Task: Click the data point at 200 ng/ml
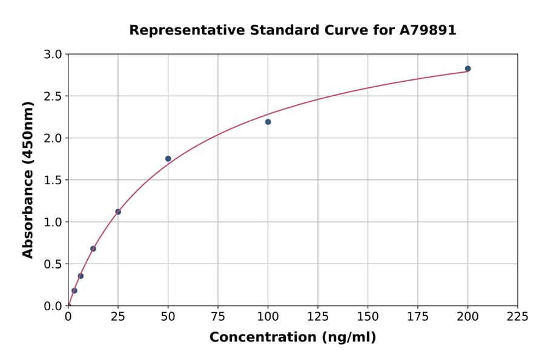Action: click(467, 68)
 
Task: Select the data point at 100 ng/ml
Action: click(268, 122)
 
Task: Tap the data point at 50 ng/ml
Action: click(168, 159)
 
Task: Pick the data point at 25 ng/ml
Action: click(118, 212)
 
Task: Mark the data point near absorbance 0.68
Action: click(93, 248)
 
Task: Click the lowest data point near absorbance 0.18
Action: click(74, 290)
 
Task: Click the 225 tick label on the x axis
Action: click(517, 316)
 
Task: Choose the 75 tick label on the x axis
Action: click(217, 316)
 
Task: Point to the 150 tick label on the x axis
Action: click(368, 316)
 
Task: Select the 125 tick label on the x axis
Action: click(317, 316)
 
